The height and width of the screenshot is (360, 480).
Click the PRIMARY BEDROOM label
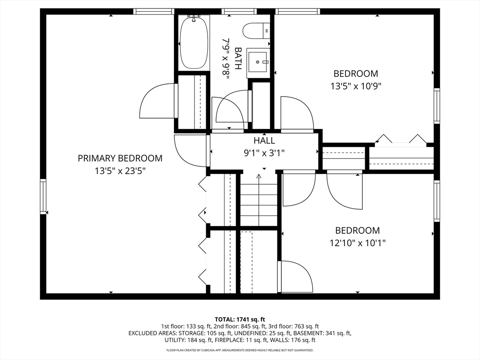pos(120,158)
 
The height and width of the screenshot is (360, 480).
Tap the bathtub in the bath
pos(194,42)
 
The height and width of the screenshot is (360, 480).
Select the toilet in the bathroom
pos(256,31)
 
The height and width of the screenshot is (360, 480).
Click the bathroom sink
pos(257,61)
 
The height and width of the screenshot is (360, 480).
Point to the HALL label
pos(264,141)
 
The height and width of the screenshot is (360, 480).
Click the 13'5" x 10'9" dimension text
pos(356,86)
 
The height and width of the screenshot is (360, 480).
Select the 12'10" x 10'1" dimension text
pos(357,243)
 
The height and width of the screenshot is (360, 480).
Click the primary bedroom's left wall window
pos(43,196)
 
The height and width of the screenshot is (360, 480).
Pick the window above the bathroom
pos(235,12)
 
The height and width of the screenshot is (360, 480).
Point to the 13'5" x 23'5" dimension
pos(120,171)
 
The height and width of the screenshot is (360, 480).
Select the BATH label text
pos(238,59)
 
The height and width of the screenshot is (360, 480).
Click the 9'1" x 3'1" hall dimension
pos(264,153)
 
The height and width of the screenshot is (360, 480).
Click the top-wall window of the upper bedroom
pos(298,12)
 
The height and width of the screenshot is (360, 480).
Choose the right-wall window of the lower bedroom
pos(437,201)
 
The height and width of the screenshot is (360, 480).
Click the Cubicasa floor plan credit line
pos(240,350)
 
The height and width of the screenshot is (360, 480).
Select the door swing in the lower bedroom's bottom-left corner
pos(297,277)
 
